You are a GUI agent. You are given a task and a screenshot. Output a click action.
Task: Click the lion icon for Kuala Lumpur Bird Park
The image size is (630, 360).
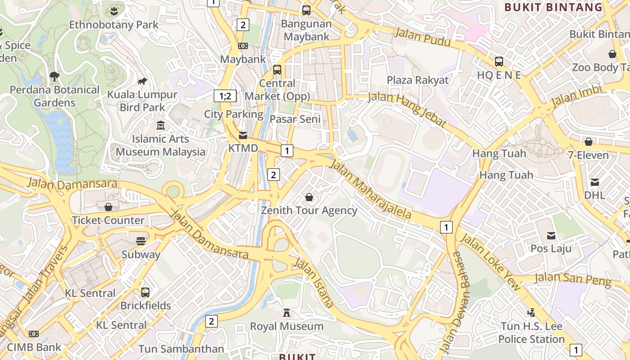[142, 81]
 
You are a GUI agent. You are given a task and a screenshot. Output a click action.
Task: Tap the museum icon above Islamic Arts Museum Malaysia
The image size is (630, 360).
[160, 126]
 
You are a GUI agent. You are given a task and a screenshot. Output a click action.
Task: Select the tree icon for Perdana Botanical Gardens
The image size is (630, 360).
[54, 76]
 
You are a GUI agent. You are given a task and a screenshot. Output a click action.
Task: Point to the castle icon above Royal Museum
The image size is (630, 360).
[286, 313]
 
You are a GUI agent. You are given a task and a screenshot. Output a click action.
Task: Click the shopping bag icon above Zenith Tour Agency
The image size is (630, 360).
[309, 197]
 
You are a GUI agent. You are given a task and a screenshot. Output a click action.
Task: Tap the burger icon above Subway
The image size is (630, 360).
[141, 241]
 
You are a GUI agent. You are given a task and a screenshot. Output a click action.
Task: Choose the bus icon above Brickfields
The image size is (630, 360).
[145, 292]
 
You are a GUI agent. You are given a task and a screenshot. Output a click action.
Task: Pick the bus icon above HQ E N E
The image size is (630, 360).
[499, 62]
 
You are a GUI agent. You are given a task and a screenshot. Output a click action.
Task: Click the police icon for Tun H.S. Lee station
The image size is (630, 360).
[531, 312]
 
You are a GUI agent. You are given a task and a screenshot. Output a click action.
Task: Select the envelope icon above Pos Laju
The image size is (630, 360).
[551, 235]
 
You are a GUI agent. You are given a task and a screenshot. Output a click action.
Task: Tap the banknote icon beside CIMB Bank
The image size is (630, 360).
[33, 334]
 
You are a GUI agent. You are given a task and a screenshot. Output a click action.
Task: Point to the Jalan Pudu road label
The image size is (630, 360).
[422, 37]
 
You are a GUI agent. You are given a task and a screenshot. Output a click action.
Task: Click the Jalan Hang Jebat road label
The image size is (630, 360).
[407, 109]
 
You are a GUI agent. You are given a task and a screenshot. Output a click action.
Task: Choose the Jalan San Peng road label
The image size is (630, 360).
[573, 279]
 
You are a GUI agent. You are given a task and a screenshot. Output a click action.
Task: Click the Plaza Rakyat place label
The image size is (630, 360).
[418, 80]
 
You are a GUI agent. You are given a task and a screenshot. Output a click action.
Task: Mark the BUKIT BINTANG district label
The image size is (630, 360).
[553, 7]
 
